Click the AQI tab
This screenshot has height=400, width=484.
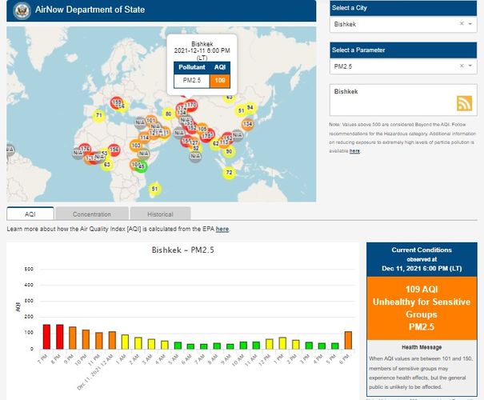tap(30, 214)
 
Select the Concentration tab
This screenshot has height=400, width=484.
tap(91, 214)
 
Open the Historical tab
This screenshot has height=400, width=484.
tap(160, 214)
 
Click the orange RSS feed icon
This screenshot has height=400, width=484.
tap(464, 102)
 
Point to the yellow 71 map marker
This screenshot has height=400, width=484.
tap(99, 115)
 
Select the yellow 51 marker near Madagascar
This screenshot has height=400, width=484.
tap(154, 189)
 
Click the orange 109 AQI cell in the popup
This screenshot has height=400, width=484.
tap(220, 80)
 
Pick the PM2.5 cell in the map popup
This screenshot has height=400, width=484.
tap(192, 80)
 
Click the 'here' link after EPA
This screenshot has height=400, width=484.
tap(222, 229)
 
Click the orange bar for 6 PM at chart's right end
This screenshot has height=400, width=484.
tap(348, 341)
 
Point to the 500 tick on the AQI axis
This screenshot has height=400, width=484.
tap(29, 269)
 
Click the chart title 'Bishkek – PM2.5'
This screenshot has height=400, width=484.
tap(183, 250)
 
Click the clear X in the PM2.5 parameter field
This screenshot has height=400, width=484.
tap(461, 66)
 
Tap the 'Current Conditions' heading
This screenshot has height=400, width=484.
tap(422, 250)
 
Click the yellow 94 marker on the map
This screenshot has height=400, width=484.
tap(250, 107)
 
